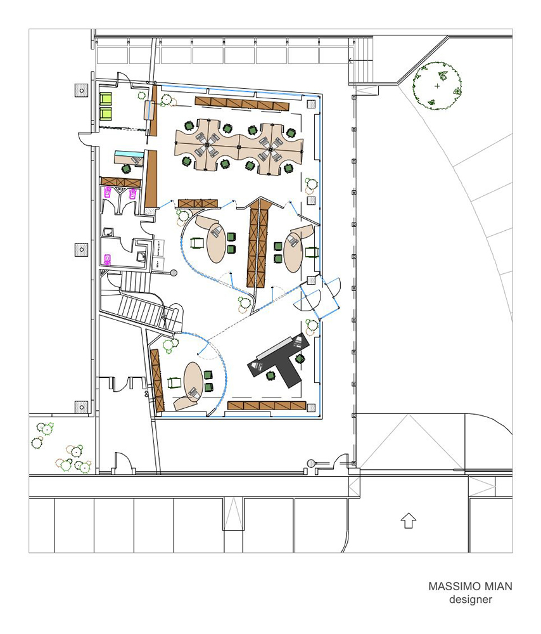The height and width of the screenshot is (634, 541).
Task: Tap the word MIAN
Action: point(497,586)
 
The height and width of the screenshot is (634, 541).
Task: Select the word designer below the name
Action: point(471,599)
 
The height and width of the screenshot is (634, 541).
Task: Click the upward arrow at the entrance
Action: point(409,521)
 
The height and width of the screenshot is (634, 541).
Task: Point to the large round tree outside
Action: point(436,86)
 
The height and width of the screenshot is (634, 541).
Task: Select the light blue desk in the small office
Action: point(129,154)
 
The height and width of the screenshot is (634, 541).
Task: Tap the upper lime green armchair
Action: point(105,99)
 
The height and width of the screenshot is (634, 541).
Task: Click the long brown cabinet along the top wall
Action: point(242,104)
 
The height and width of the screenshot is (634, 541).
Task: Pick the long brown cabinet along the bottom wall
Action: point(267,406)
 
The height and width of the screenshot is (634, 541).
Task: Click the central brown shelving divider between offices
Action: point(257,243)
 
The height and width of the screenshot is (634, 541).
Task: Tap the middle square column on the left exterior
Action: point(82,249)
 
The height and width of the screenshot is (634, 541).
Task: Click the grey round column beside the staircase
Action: point(174,273)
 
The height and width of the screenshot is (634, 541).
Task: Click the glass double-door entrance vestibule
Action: point(317,296)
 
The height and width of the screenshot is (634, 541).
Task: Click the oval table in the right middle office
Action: point(293,253)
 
